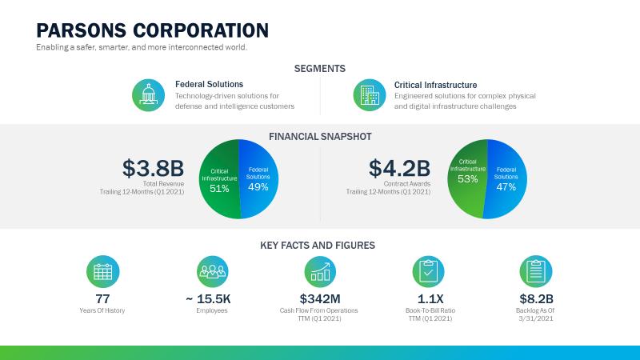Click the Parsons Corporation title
pyautogui.click(x=152, y=30)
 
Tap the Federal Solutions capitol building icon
pyautogui.click(x=149, y=95)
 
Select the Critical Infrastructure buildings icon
pyautogui.click(x=370, y=95)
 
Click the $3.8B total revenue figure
pyautogui.click(x=153, y=168)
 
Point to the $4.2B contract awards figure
pyautogui.click(x=399, y=168)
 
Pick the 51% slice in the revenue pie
pyautogui.click(x=219, y=179)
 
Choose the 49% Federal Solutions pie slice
pyautogui.click(x=258, y=178)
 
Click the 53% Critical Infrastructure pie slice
pyautogui.click(x=467, y=178)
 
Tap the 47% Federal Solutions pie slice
pyautogui.click(x=506, y=178)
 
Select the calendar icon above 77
pyautogui.click(x=103, y=272)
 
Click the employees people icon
pyautogui.click(x=212, y=272)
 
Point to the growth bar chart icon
pyautogui.click(x=320, y=272)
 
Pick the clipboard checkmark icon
pyautogui.click(x=428, y=272)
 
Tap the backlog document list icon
pyautogui.click(x=536, y=272)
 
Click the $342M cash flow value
pyautogui.click(x=320, y=298)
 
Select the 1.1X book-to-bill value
pyautogui.click(x=430, y=298)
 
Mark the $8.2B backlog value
pyautogui.click(x=536, y=298)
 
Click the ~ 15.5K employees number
pyautogui.click(x=208, y=298)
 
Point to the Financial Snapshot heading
pyautogui.click(x=320, y=136)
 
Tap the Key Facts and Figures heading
pyautogui.click(x=318, y=246)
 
